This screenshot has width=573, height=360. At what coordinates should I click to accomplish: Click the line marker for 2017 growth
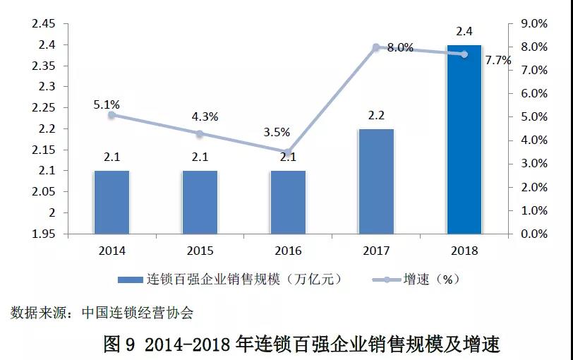tap(376, 47)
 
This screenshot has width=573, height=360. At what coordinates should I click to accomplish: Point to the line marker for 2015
tap(200, 133)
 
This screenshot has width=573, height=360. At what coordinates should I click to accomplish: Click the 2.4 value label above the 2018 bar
tap(464, 32)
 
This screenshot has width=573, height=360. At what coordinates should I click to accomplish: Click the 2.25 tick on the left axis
tap(43, 108)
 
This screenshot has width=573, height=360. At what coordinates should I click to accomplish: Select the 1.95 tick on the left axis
tap(43, 234)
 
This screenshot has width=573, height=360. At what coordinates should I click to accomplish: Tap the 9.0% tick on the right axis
tap(533, 24)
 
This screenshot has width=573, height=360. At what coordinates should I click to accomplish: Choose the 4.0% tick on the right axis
tap(533, 140)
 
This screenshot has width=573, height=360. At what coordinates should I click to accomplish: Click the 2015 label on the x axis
tap(200, 251)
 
